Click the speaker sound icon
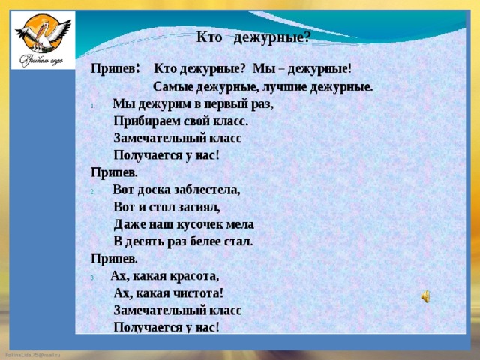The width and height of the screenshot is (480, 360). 425,296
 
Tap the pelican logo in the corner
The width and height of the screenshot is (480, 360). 43,40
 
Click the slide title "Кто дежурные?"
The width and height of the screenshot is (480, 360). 253,38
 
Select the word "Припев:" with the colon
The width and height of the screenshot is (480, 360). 115,68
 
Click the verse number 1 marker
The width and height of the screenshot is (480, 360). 92,106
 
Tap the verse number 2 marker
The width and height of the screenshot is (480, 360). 92,192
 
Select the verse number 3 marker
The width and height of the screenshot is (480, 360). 92,278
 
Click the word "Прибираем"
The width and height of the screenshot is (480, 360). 147,121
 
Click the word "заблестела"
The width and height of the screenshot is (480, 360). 207,190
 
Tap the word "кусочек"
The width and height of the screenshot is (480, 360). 200,225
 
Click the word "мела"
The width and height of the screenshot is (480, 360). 240,225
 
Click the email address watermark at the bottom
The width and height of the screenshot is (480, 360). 33,355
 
